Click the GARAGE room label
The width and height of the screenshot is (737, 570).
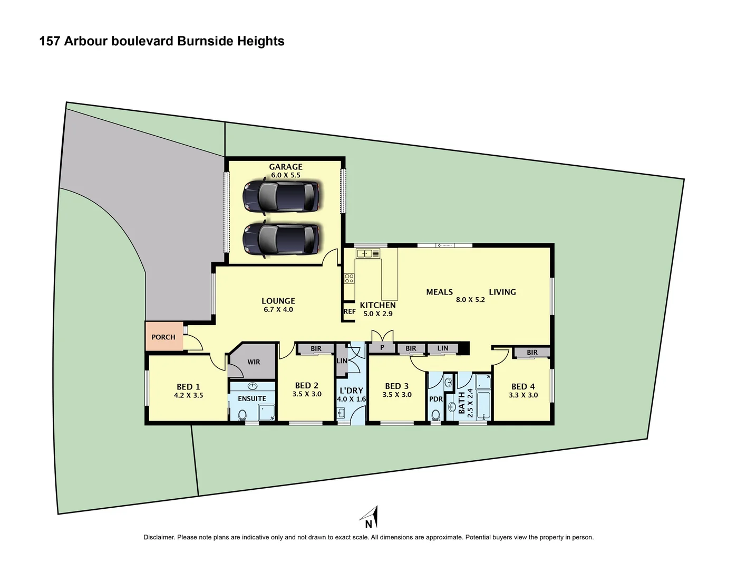click(286, 167)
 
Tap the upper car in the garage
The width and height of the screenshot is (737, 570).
click(281, 196)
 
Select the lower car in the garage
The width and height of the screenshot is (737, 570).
click(281, 240)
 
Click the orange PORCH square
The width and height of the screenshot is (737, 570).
click(164, 337)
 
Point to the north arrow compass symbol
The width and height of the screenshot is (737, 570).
click(371, 517)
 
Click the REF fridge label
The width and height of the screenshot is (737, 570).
click(350, 311)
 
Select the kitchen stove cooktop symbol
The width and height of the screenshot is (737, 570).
click(349, 278)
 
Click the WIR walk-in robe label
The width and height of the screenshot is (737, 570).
click(254, 362)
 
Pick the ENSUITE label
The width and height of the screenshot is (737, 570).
click(251, 398)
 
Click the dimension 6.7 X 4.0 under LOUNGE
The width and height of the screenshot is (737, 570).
click(278, 310)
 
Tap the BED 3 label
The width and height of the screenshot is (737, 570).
click(397, 386)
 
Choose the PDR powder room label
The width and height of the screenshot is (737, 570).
click(436, 399)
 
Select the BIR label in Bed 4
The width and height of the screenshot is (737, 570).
click(532, 353)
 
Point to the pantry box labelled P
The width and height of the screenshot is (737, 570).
click(382, 348)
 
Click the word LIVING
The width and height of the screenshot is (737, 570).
click(502, 292)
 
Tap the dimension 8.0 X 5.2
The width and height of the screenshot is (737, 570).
click(470, 300)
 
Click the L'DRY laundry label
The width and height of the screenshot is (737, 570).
click(351, 391)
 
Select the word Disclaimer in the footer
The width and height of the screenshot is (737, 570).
click(159, 537)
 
